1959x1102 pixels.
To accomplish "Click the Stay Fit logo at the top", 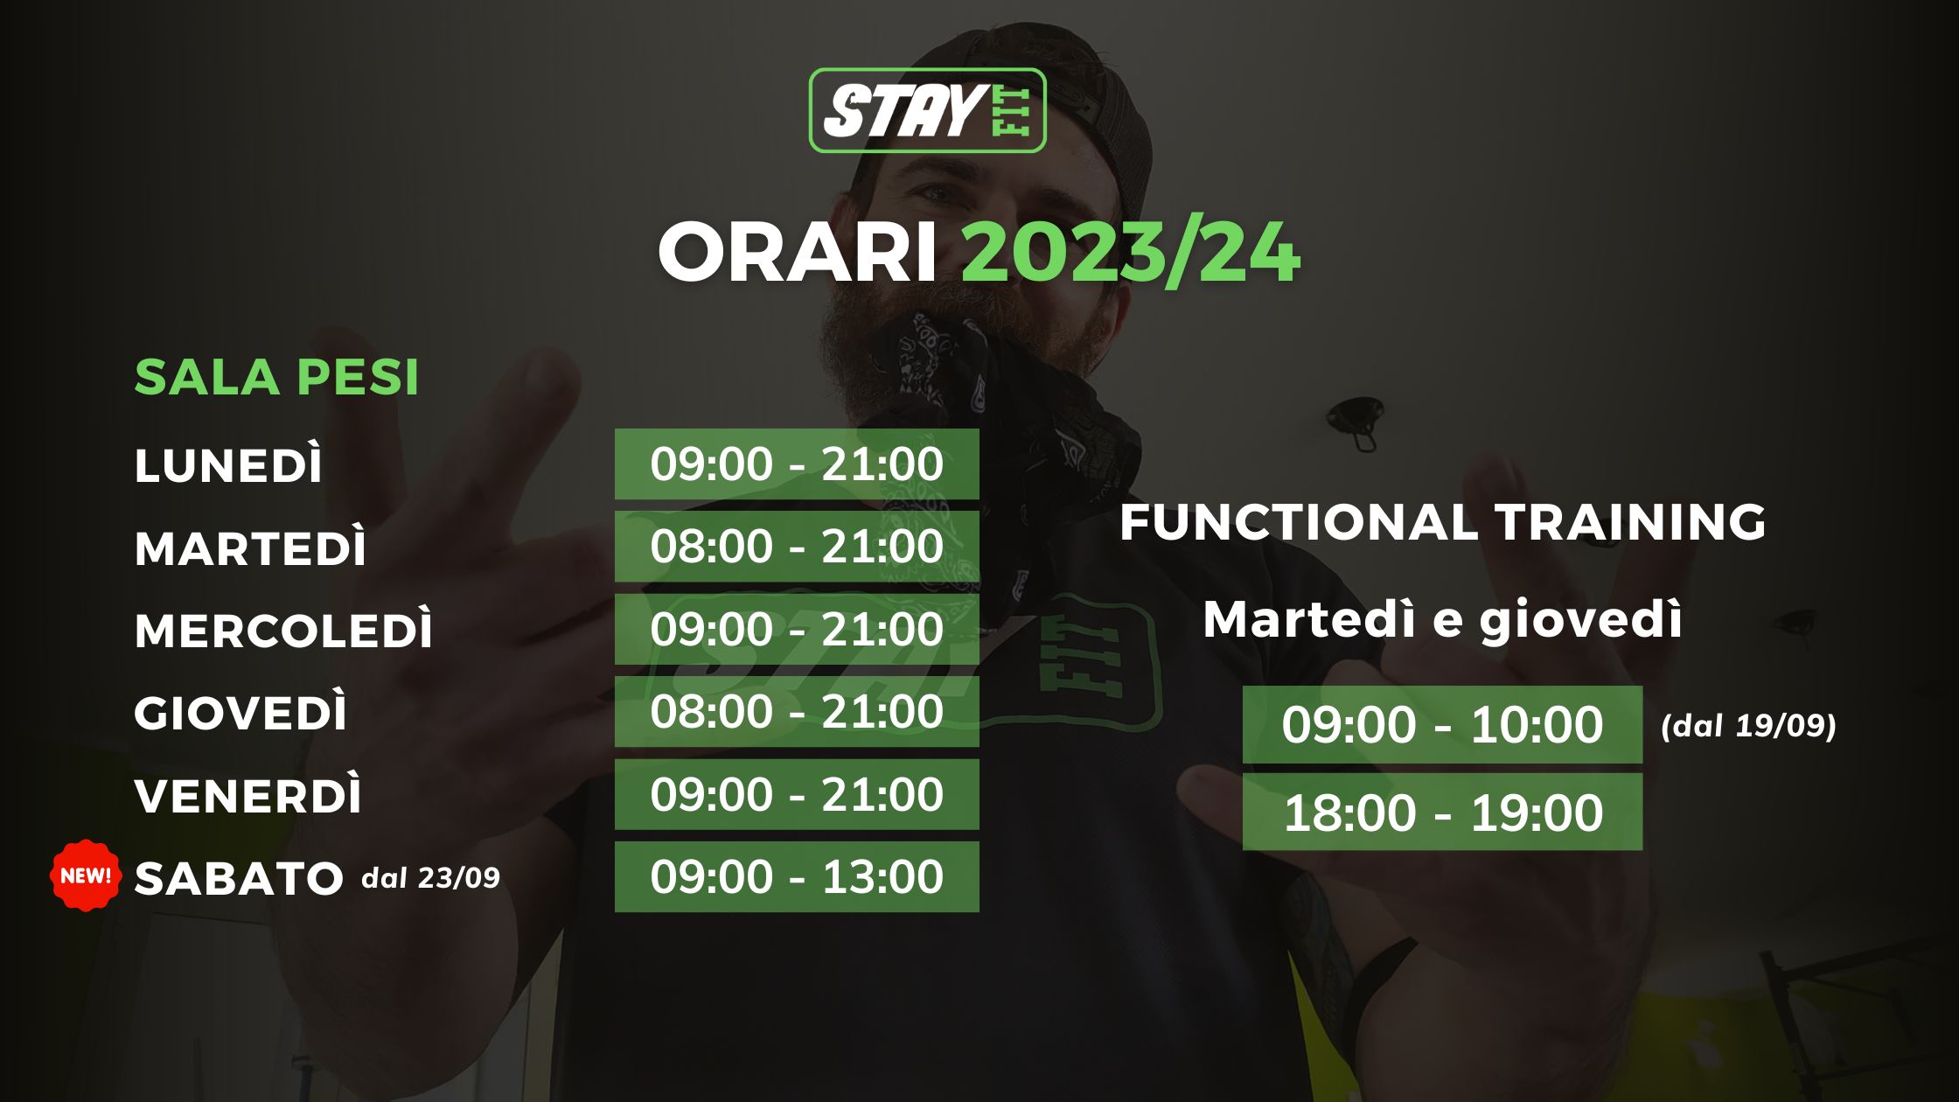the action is [x=927, y=110].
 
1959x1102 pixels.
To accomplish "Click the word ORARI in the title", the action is [x=798, y=254].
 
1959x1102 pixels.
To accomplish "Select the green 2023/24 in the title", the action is [x=1131, y=254].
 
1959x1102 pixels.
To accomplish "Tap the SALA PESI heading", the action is [x=276, y=378].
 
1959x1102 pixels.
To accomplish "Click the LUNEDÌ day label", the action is [x=228, y=464].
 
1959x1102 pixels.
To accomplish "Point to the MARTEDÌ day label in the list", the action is [x=250, y=548].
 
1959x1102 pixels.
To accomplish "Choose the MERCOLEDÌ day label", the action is [x=283, y=630].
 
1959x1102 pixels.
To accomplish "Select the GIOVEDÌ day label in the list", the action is [x=241, y=713].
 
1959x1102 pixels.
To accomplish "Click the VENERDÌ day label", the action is [x=247, y=796].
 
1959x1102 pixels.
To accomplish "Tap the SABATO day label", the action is [x=238, y=878].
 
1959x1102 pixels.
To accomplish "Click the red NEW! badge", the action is [x=86, y=875].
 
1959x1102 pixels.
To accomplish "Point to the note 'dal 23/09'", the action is [x=430, y=877].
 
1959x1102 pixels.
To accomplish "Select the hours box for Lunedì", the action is [x=797, y=464].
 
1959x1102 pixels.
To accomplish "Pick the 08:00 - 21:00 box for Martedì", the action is [x=797, y=547].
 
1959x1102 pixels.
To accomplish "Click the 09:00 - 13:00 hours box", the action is [x=797, y=876].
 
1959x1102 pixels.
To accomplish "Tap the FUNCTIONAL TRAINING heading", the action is [x=1443, y=522].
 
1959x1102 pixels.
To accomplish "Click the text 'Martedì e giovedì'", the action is [x=1443, y=620].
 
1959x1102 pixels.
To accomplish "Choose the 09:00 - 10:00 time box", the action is [x=1442, y=724].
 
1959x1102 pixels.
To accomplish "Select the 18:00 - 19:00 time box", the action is [x=1442, y=812].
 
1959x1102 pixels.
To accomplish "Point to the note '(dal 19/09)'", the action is [x=1748, y=726].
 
